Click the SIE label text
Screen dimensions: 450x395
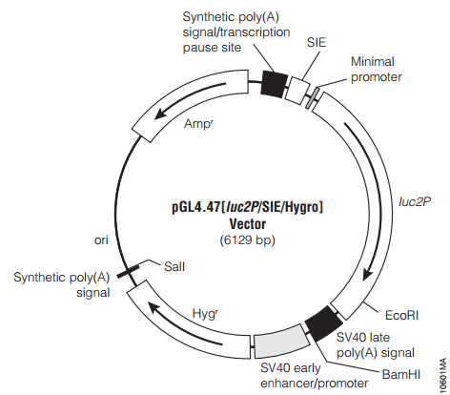[317, 42]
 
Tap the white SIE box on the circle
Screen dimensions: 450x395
[298, 91]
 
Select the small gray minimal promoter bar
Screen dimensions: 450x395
[312, 98]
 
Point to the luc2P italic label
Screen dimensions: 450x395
[415, 201]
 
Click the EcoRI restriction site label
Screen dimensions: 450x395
[401, 315]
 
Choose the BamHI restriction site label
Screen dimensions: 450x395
[401, 374]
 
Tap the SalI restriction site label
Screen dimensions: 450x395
[174, 266]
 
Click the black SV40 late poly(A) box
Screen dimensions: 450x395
[323, 323]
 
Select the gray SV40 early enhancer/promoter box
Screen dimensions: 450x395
[281, 342]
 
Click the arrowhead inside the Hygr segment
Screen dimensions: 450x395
[154, 307]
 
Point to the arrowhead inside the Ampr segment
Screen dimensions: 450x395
[161, 113]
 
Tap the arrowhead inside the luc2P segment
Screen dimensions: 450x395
[368, 274]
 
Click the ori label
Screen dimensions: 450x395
[101, 240]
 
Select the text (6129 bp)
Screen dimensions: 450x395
[247, 239]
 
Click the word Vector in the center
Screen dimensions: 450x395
[248, 224]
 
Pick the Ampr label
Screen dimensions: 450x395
[198, 123]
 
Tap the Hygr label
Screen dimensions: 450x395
[205, 314]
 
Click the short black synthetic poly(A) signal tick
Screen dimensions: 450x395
[128, 271]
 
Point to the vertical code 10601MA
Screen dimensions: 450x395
[442, 375]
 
